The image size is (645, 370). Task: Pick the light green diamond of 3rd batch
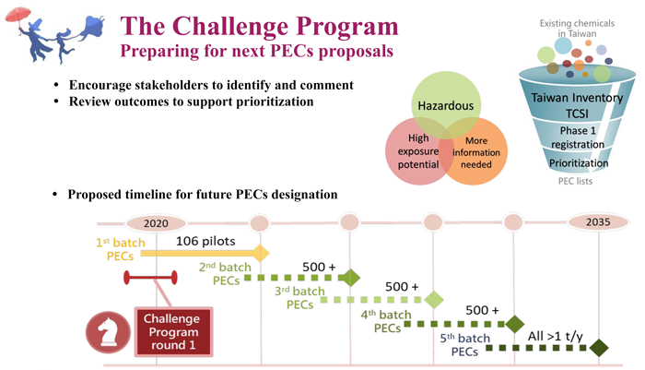tap(433, 299)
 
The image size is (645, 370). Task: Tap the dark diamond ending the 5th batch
tap(600, 348)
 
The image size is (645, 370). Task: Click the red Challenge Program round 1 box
tap(172, 330)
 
